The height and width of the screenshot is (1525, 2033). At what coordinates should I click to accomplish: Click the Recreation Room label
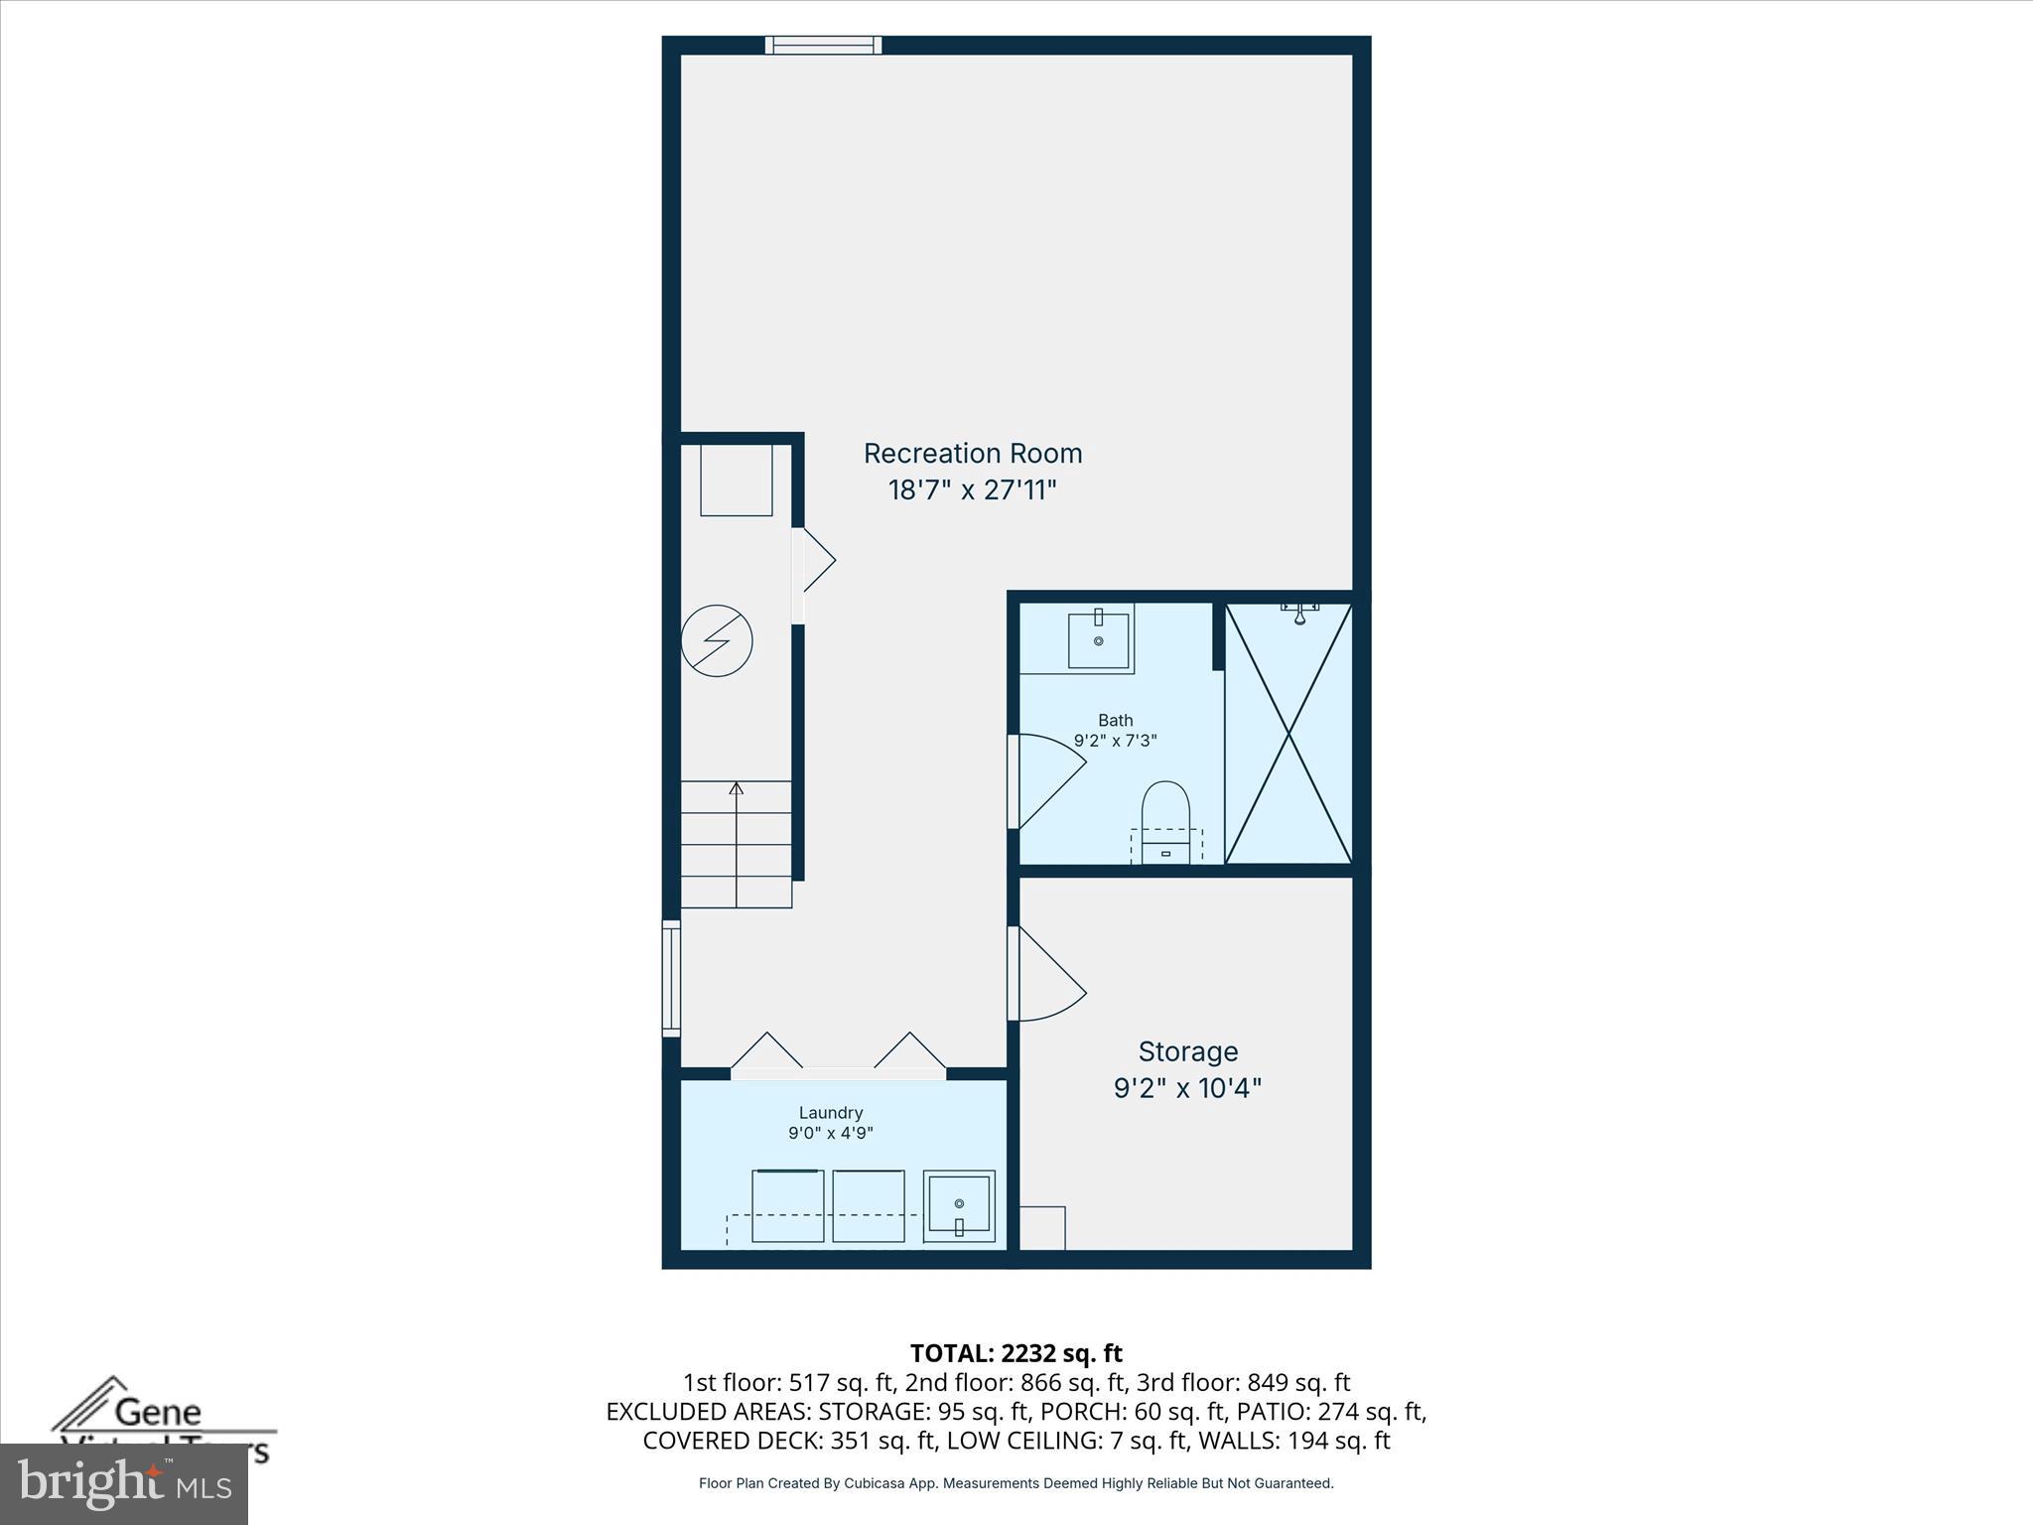coord(972,453)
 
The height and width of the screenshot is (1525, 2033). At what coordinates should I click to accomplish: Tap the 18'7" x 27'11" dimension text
coord(972,490)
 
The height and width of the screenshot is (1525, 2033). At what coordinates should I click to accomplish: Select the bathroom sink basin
coord(1098,640)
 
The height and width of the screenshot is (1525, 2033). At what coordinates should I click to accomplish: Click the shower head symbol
coord(1299,612)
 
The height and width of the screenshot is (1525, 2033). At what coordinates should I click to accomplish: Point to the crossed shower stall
coord(1288,734)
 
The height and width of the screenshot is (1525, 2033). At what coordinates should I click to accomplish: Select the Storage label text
coord(1187,1051)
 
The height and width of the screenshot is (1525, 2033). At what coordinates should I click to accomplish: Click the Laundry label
coord(830,1113)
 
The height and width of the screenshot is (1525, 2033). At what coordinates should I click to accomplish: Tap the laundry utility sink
coord(959,1206)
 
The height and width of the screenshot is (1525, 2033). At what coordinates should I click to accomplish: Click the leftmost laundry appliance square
coord(787,1205)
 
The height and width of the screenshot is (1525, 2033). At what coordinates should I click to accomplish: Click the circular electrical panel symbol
coord(717,641)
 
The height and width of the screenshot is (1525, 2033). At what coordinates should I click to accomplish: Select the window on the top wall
coord(823,45)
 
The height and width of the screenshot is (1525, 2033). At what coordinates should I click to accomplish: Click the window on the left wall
coord(672,978)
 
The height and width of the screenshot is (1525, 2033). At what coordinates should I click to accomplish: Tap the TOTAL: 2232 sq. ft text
coord(1016,1353)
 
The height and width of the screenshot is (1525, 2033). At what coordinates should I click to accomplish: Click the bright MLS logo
coord(124,1483)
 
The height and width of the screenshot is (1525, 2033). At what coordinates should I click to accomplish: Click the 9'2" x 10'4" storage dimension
coord(1187,1088)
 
